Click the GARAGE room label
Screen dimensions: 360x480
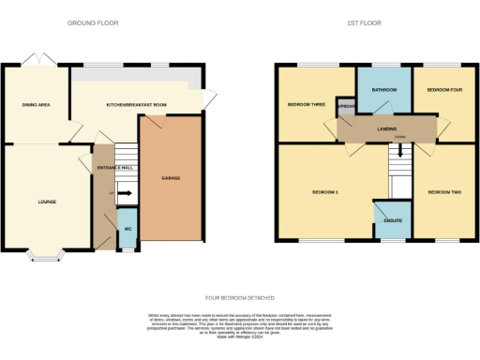click(x=171, y=177)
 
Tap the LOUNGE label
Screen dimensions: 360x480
click(x=47, y=202)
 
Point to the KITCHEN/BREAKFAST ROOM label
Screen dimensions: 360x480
click(x=136, y=105)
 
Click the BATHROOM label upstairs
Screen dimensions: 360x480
click(x=384, y=90)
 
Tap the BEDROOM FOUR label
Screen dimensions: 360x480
click(x=444, y=90)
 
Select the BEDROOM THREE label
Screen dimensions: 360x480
click(x=307, y=105)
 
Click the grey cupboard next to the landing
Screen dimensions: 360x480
click(x=345, y=106)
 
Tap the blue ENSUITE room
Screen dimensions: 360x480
click(x=389, y=221)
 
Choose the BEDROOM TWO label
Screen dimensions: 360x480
click(x=444, y=192)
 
